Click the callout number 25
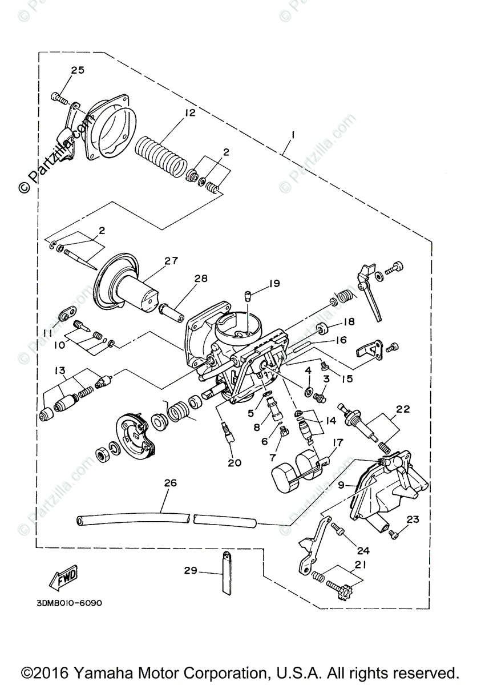tap(77, 70)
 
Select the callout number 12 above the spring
tap(189, 112)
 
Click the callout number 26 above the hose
tap(170, 483)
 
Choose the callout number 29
tap(190, 570)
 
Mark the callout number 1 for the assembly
tap(292, 135)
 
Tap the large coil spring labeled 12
tap(161, 154)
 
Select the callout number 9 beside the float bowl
tap(341, 485)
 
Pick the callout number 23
tap(413, 519)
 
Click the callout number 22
tap(403, 409)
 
